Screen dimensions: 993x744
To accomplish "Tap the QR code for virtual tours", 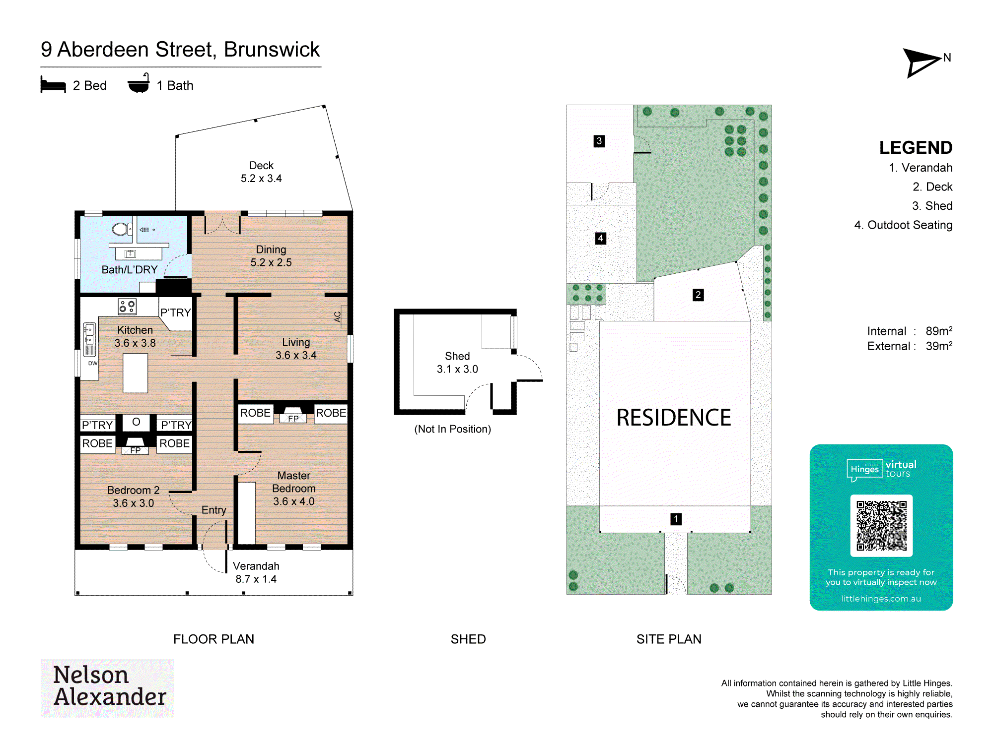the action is point(881,526).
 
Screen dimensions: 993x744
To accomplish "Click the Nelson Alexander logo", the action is point(107,687).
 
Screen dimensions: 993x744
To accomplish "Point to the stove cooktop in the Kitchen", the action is point(127,307).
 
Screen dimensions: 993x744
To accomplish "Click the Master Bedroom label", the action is point(294,482).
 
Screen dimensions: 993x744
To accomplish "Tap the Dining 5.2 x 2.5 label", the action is point(271,256).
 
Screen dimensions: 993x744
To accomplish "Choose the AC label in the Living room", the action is point(338,316).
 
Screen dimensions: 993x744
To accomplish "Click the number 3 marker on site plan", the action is point(599,141).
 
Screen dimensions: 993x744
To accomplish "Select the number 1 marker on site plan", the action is point(676,519).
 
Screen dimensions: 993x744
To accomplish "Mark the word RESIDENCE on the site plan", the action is point(674,418).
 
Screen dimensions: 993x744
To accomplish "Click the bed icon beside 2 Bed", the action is point(53,85).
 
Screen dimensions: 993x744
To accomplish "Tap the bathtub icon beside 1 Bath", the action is point(139,83).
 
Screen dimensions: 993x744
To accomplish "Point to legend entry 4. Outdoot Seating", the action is point(903,225).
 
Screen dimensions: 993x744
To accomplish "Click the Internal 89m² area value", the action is point(939,331).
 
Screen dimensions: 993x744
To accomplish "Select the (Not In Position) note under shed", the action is point(453,429).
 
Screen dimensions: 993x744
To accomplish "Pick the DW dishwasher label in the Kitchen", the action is point(93,363).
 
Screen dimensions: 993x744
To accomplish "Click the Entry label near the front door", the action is point(213,510).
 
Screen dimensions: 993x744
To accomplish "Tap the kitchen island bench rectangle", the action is point(135,373).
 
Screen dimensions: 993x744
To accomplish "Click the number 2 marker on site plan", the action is point(698,295).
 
